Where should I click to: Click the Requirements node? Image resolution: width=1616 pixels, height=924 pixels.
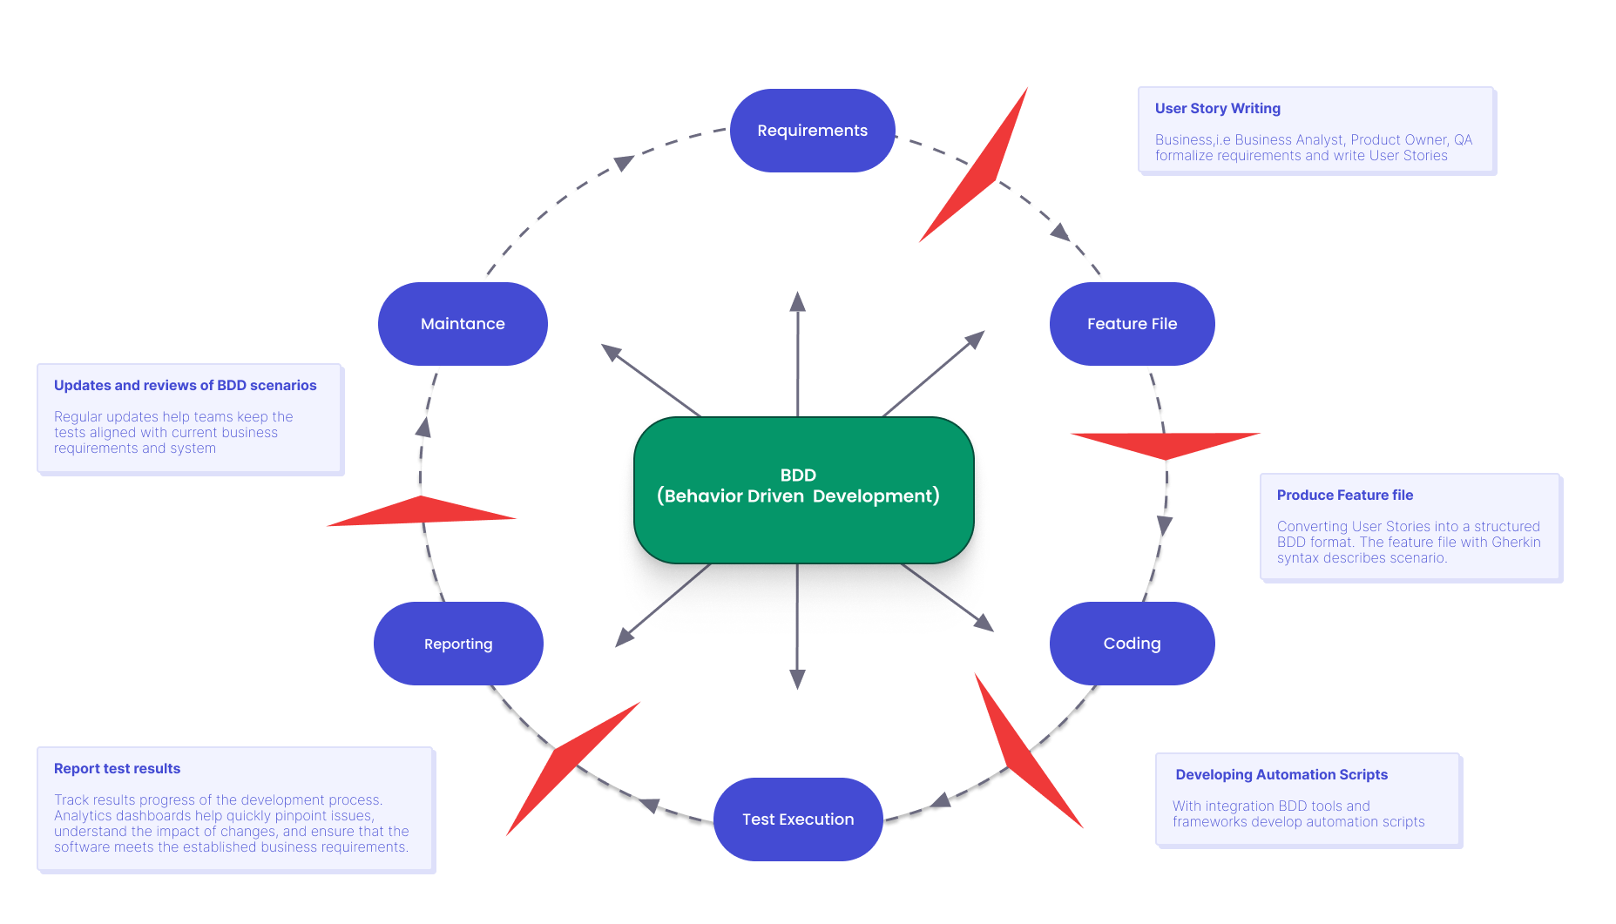coord(812,131)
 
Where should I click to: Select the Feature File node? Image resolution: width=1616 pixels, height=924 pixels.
coord(1132,324)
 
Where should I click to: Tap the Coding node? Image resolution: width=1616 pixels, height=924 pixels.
coord(1132,644)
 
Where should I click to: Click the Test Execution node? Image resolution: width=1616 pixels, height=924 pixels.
coord(798,819)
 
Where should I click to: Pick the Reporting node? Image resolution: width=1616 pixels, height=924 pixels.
coord(458,644)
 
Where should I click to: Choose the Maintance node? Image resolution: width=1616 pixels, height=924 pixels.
coord(463,324)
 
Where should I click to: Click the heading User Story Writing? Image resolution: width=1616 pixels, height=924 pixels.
coord(1217,109)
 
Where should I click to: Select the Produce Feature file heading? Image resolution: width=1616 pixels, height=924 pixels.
coord(1344,496)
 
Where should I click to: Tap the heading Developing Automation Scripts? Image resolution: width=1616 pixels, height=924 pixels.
coord(1281,775)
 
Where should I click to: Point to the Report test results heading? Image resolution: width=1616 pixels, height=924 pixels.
coord(117,769)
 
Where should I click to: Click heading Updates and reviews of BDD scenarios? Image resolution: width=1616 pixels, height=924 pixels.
coord(185,386)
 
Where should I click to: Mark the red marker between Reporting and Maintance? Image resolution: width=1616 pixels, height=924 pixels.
coord(422,511)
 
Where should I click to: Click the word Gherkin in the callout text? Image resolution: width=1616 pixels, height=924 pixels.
coord(1516,543)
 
